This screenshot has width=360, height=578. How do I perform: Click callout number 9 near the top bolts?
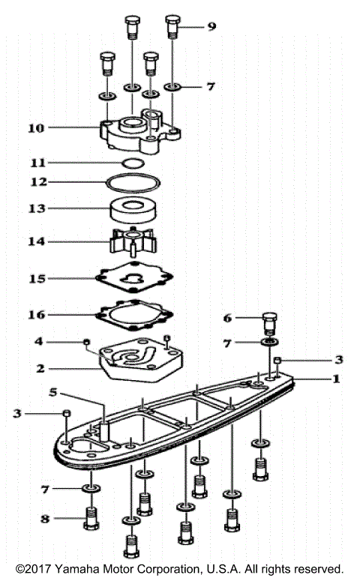point(211,26)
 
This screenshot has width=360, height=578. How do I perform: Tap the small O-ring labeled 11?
point(132,163)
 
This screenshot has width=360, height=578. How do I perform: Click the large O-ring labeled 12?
point(132,182)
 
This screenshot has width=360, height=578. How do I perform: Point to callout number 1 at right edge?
point(337,379)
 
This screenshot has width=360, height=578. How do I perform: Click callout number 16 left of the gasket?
point(37,316)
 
